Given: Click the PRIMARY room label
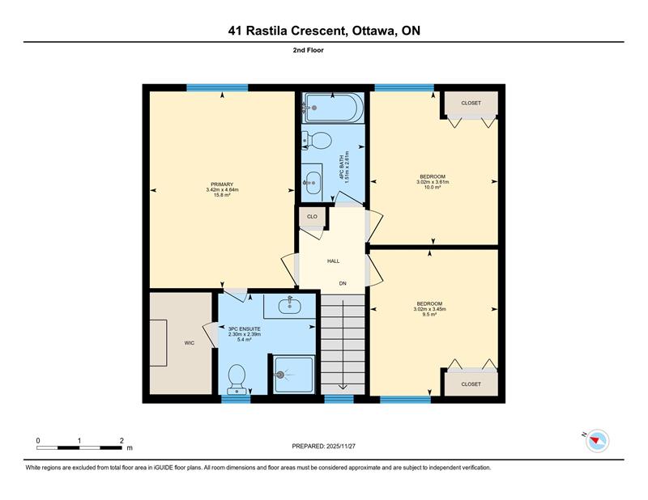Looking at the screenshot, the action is (x=222, y=184).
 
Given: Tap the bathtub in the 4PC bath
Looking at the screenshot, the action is (x=333, y=108).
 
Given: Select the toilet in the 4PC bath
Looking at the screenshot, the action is (x=317, y=141).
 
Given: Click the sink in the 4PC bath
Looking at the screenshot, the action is (x=312, y=183).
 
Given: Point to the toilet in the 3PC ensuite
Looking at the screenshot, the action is (x=237, y=379).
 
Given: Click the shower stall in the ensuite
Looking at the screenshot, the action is (x=293, y=374).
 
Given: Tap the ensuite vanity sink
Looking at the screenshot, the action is (x=289, y=306).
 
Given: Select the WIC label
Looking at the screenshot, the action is (x=190, y=343).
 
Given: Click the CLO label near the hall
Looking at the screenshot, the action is (x=313, y=216).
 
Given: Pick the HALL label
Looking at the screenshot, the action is (x=334, y=261).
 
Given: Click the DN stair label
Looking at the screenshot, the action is (x=343, y=283).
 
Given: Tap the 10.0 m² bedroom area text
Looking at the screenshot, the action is (x=433, y=187).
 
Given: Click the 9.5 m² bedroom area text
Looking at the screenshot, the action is (x=430, y=314).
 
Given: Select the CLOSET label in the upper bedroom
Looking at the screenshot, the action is (x=471, y=103).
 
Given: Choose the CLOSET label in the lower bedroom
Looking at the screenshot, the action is (x=471, y=384).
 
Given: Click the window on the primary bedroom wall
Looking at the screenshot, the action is (x=217, y=87).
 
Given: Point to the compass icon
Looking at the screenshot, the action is (x=597, y=441).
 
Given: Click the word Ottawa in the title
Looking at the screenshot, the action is (x=372, y=31).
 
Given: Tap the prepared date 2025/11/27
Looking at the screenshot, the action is (x=341, y=447).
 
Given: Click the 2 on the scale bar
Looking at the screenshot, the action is (x=122, y=441).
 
